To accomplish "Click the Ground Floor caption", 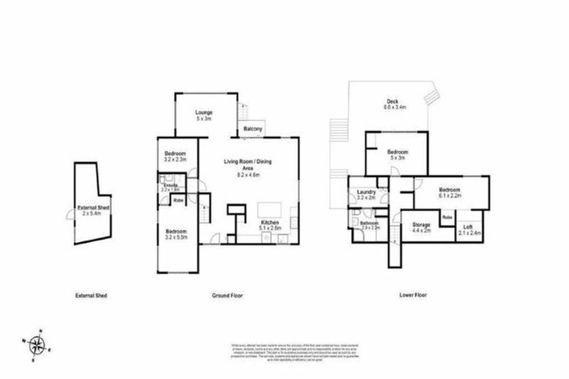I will point(227,295).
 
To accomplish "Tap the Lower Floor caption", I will point(412,295).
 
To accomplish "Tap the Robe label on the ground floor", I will point(179,200).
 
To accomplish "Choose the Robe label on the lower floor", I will point(447,217).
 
